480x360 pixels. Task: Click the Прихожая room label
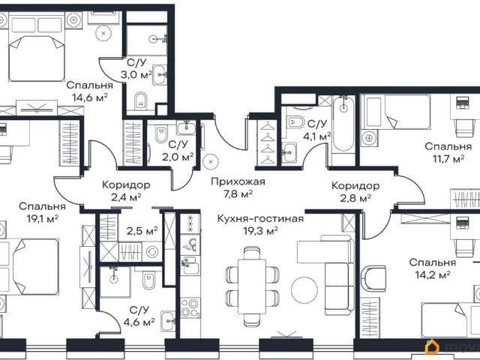pos(238,181)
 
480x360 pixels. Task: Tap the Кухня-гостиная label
pos(260,219)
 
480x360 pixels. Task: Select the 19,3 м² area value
pos(260,231)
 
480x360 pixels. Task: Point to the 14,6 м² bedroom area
pos(90,97)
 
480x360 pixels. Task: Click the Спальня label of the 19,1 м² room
pos(42,207)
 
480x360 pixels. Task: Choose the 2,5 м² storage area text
pos(142,230)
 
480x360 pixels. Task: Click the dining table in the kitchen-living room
pos(252,286)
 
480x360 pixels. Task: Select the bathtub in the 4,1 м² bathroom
pos(343,124)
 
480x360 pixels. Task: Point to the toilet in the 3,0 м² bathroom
pos(141,100)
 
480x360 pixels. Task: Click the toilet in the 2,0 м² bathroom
pos(161,133)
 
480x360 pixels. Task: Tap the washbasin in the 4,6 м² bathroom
pos(168,321)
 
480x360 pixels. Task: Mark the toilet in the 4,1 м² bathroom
pos(295,122)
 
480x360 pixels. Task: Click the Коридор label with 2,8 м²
pos(355,186)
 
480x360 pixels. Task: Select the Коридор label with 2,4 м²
pos(126,185)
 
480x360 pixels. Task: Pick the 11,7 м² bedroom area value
pos(448,158)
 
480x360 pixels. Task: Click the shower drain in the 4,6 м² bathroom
pos(114,278)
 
